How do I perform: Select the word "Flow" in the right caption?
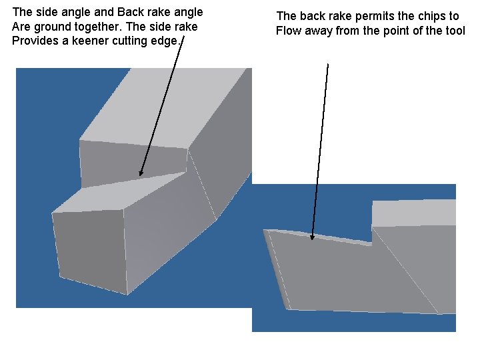click(x=288, y=31)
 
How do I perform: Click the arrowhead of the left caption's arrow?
click(x=141, y=173)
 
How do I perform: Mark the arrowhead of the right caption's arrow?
click(x=312, y=236)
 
